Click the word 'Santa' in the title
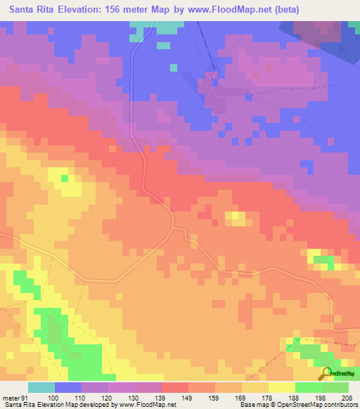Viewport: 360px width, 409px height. [x=25, y=10]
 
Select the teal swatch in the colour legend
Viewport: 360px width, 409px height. [x=41, y=387]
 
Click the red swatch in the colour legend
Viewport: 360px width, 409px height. [x=175, y=387]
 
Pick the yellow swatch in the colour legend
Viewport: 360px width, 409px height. [x=282, y=387]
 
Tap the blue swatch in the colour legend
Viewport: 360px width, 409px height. [x=68, y=387]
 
